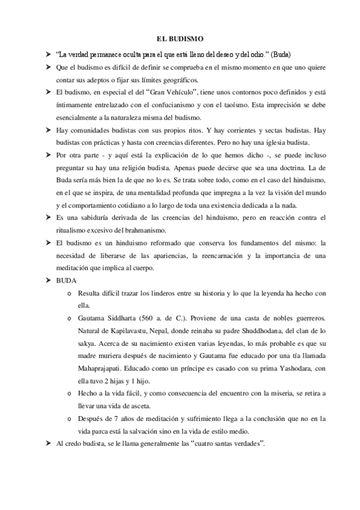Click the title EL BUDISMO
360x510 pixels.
[x=180, y=38]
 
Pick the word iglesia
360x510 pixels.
[x=272, y=143]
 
